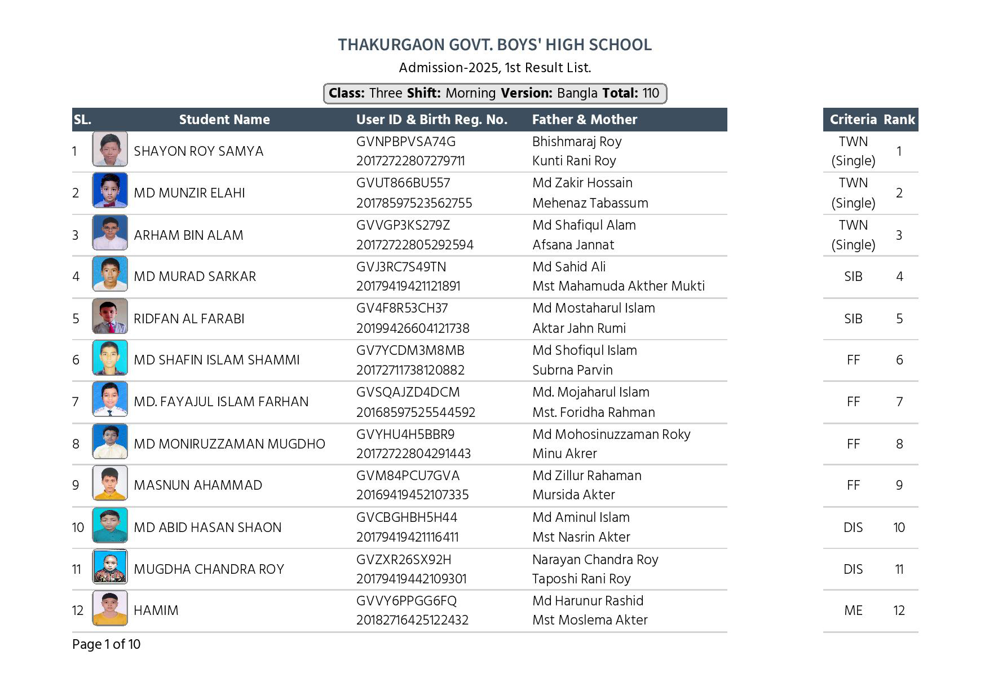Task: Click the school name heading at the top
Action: [x=494, y=45]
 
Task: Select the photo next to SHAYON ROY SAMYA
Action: [x=110, y=150]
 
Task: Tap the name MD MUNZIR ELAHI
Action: [x=189, y=193]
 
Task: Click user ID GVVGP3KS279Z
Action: [x=403, y=225]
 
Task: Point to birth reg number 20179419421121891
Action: [x=408, y=287]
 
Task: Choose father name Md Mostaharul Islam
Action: [x=594, y=309]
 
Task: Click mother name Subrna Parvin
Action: [x=572, y=370]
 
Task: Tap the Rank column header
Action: [x=899, y=120]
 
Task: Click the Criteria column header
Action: [x=853, y=120]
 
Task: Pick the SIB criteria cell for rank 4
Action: [x=853, y=276]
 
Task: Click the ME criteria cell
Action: [x=853, y=610]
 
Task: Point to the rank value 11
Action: [x=899, y=569]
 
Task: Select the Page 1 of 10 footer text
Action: [x=106, y=644]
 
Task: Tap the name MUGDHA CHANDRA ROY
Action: [x=209, y=569]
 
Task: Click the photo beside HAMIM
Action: [x=110, y=608]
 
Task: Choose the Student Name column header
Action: [x=224, y=120]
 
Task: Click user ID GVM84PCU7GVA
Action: [x=408, y=476]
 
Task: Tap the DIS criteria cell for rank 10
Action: [x=853, y=527]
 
